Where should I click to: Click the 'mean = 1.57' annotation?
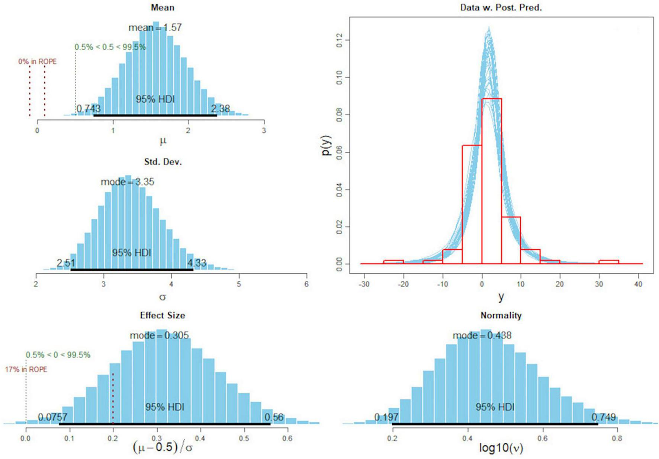tap(155, 28)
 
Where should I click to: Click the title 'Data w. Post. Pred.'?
tap(501, 7)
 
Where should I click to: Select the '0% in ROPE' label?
tap(38, 61)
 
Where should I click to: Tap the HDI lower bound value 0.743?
tap(89, 109)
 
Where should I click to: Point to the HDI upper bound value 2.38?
tap(221, 109)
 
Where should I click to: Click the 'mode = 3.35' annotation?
tap(127, 182)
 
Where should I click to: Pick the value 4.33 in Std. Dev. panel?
tap(197, 263)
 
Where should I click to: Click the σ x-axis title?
tap(163, 297)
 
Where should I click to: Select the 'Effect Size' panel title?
tap(163, 315)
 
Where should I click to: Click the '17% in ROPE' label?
tap(26, 369)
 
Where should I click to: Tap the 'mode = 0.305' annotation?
tap(159, 336)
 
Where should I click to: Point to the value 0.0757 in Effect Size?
tap(52, 417)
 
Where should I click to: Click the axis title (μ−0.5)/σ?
tap(163, 447)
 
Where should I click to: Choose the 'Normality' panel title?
tap(501, 315)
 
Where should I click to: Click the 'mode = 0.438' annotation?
tap(482, 336)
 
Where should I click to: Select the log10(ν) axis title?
tap(501, 448)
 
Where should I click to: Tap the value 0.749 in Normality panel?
tap(604, 417)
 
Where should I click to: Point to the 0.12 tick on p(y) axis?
tap(339, 40)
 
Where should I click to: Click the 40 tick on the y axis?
tap(638, 284)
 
